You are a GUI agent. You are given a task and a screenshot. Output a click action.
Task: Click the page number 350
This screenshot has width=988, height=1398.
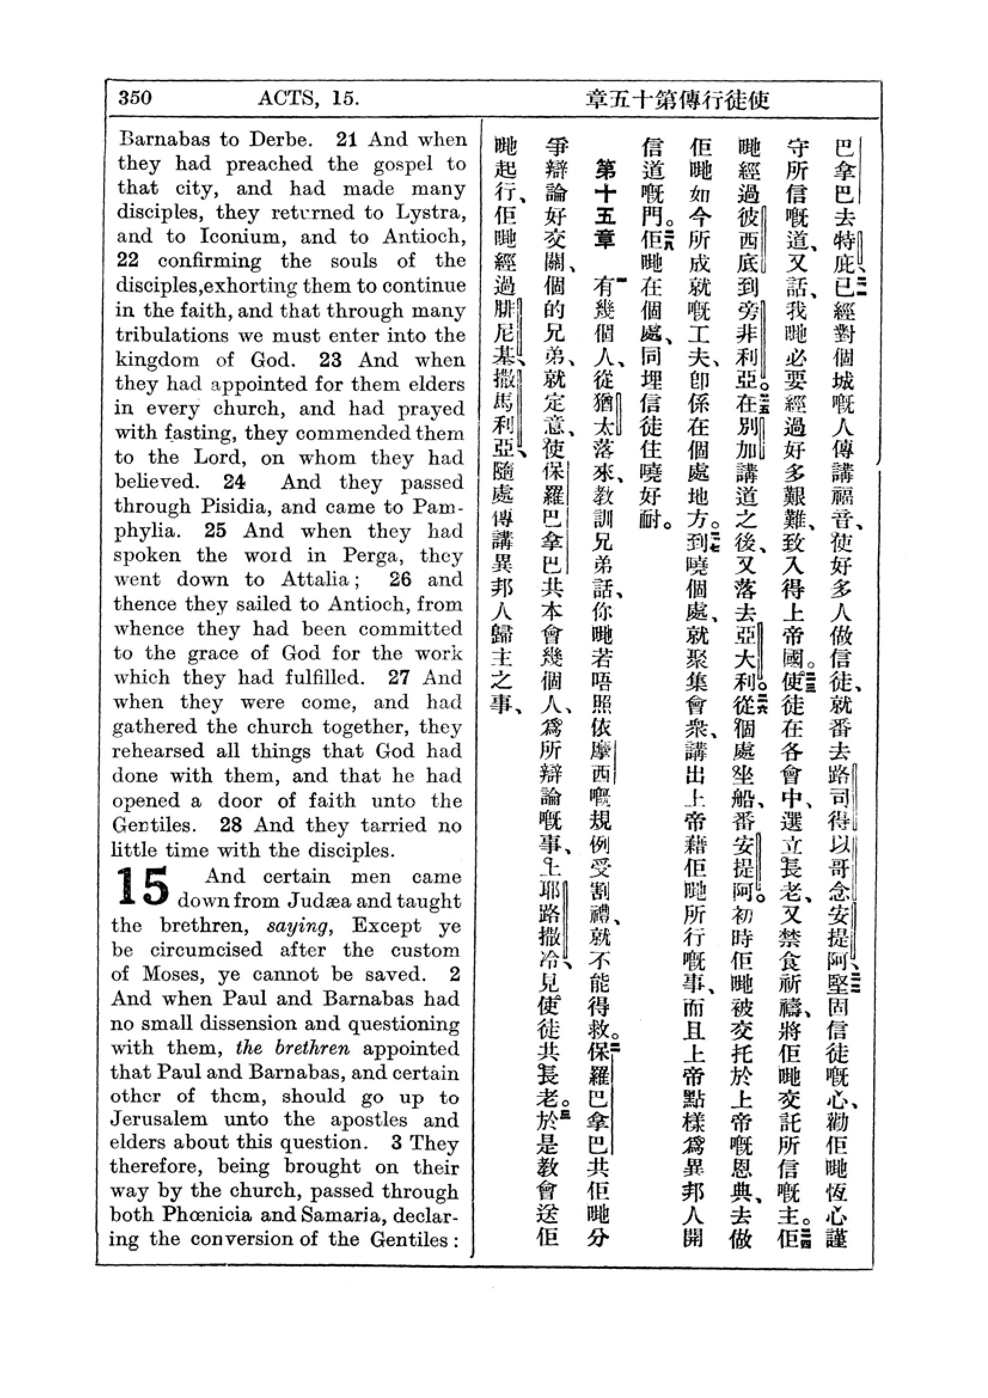tap(134, 97)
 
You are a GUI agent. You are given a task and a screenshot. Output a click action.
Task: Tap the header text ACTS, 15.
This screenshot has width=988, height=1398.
tap(308, 97)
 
